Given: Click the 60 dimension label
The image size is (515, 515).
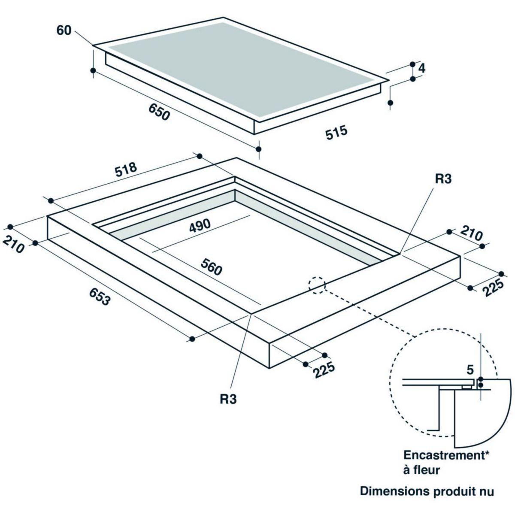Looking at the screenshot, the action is [x=64, y=30].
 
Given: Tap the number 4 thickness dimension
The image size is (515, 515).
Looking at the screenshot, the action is [x=421, y=69].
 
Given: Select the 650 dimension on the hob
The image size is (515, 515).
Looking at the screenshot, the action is [x=159, y=112].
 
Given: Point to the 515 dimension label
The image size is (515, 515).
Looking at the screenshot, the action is [x=336, y=132].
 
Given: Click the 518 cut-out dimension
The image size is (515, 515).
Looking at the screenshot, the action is [x=126, y=169].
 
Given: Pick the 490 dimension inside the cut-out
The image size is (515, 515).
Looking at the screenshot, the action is [x=200, y=226].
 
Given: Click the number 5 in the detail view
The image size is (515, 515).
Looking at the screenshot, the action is [x=470, y=370].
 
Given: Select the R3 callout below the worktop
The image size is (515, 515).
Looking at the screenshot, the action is [x=228, y=399].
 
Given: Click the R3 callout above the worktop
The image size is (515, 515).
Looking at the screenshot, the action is [x=443, y=179].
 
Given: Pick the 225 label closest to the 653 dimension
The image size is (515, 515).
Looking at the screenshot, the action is [x=324, y=370].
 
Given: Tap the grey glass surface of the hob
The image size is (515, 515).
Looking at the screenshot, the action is [x=240, y=70].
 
